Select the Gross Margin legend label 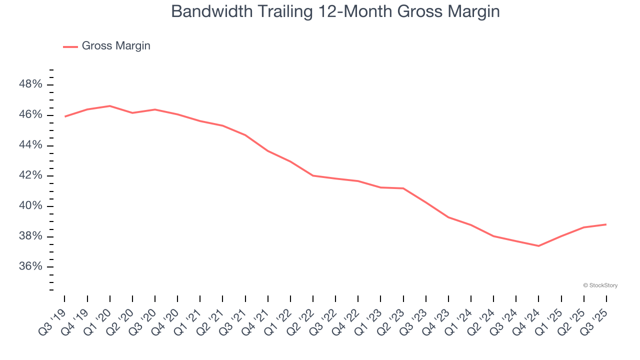coord(116,46)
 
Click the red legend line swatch coord(70,46)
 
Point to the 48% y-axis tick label coord(30,84)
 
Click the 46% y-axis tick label coord(30,115)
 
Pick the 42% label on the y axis coord(30,175)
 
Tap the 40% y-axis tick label coord(30,206)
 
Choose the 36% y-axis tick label coord(30,266)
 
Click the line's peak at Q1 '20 coord(110,106)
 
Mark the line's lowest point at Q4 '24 coord(538,246)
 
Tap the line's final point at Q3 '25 coord(606,224)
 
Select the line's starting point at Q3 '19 coord(65,116)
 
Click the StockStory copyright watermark coord(600,285)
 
